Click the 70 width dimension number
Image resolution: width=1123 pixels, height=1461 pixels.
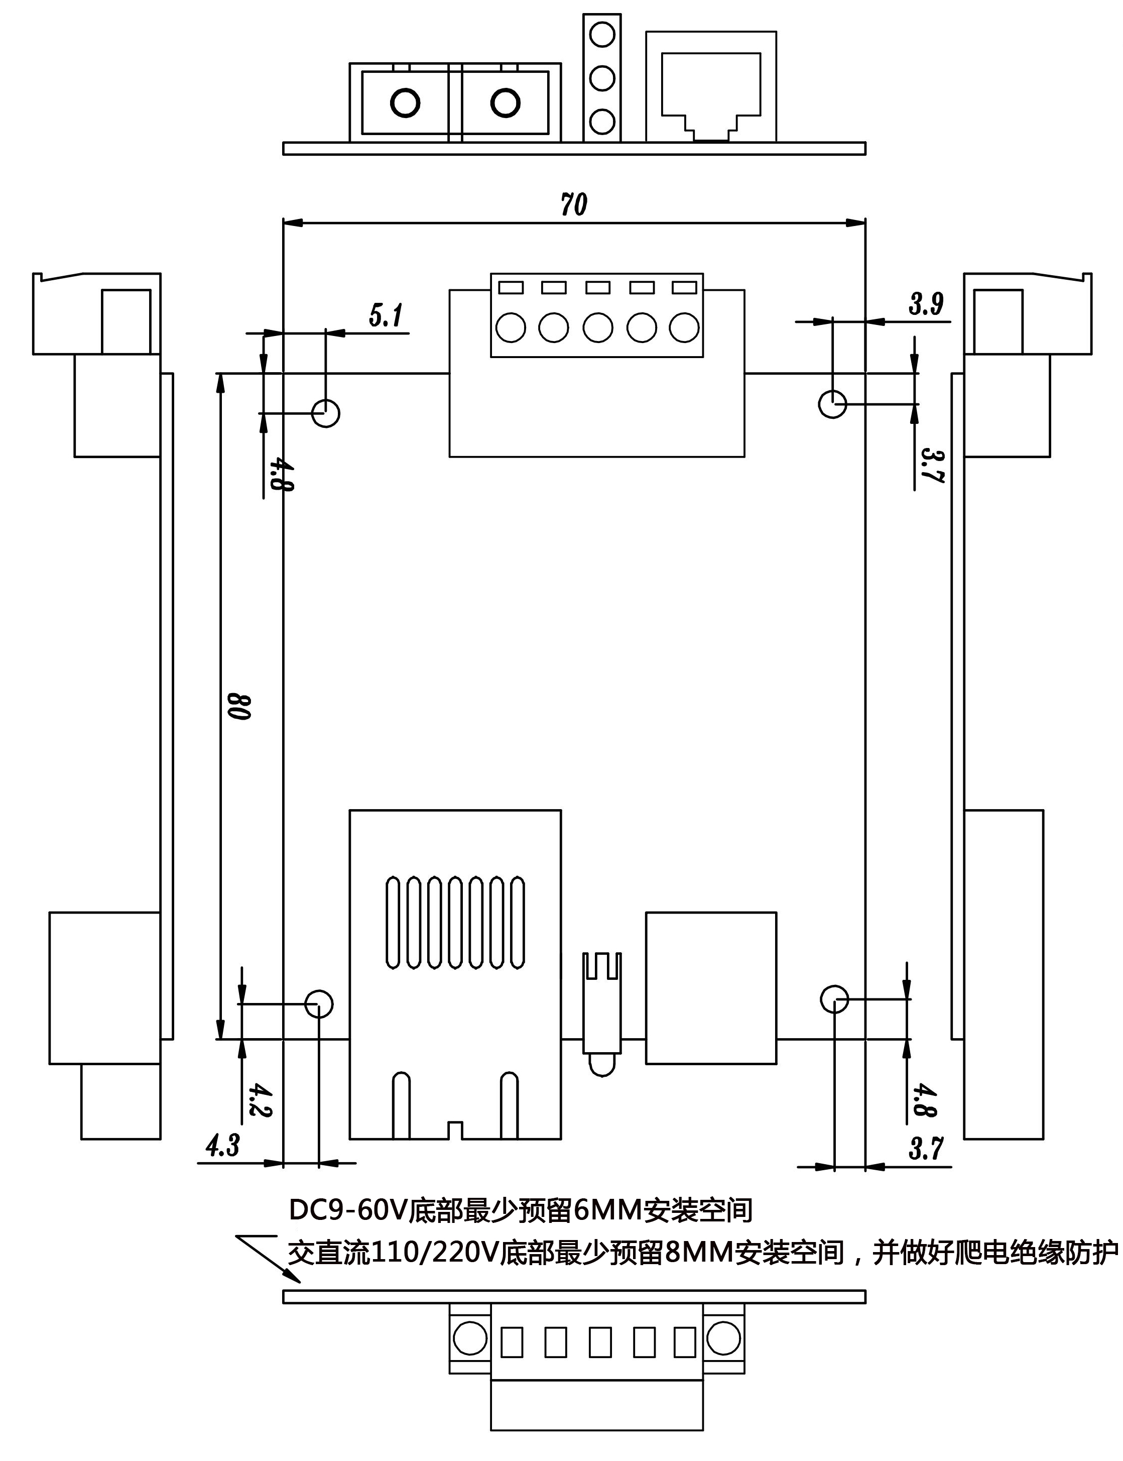(x=573, y=204)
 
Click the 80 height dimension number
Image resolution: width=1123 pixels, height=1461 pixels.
(x=238, y=706)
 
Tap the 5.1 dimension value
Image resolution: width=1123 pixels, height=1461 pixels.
(x=387, y=314)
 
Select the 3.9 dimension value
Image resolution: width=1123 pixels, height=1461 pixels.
(x=926, y=304)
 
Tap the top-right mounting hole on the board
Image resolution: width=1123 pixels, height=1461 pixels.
(x=833, y=404)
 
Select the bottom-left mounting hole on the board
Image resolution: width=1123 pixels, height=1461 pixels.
(x=319, y=1003)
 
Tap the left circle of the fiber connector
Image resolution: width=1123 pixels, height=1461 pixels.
(x=405, y=103)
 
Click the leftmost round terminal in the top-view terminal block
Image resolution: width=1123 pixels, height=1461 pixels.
(x=511, y=327)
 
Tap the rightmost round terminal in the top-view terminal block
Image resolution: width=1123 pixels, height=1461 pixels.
(x=684, y=327)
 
